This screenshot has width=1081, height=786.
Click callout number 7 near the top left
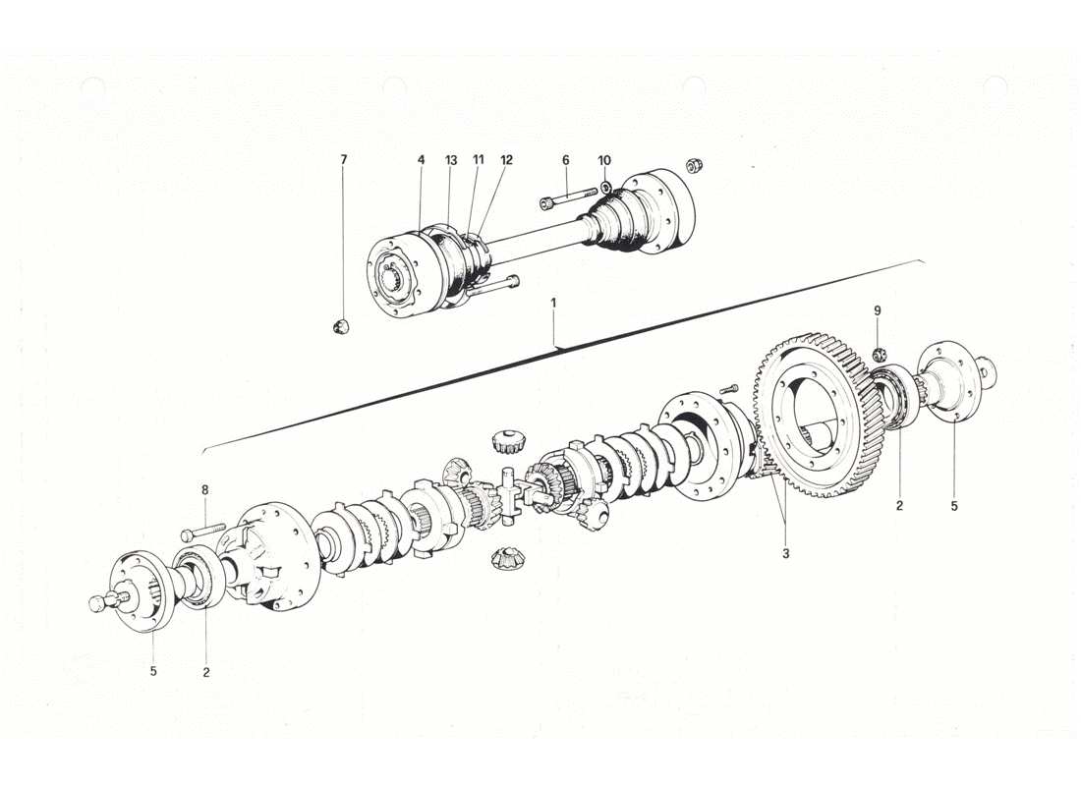[344, 159]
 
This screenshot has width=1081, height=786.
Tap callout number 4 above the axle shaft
[421, 159]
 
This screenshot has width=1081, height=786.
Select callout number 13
[451, 159]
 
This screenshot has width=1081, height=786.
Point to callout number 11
[479, 159]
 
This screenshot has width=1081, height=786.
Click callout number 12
[506, 159]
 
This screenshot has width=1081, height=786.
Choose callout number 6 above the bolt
[566, 159]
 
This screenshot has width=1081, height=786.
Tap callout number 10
[604, 159]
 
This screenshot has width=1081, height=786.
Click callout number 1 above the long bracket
[553, 304]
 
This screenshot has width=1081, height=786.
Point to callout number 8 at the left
[204, 489]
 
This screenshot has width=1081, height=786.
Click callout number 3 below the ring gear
[786, 554]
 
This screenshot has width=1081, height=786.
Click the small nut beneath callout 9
[880, 355]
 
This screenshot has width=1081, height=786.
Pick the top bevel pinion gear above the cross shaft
[506, 440]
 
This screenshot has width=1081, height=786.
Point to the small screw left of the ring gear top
[728, 391]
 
